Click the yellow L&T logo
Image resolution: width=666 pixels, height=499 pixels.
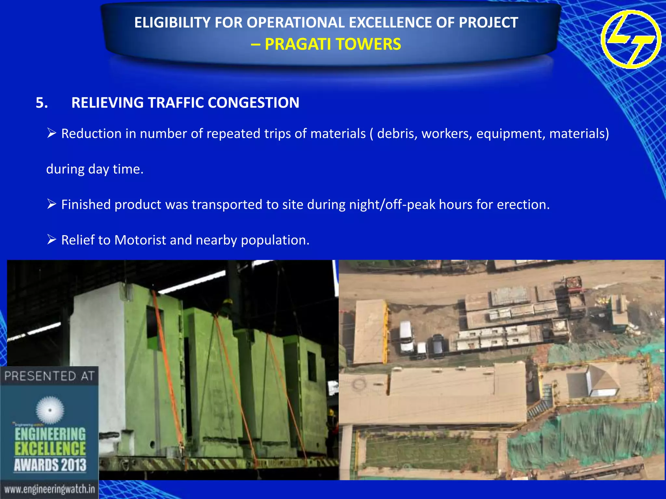point(631,39)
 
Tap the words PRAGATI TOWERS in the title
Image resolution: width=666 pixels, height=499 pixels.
point(333,44)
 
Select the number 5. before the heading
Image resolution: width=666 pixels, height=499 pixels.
point(42,103)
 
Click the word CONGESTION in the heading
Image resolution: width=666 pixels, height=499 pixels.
point(253,103)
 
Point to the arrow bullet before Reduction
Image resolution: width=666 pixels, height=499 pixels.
point(52,133)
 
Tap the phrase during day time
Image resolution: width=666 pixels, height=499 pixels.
point(95,169)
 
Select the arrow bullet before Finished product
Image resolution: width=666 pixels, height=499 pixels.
point(52,204)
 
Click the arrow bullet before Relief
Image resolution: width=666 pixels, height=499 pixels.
point(52,239)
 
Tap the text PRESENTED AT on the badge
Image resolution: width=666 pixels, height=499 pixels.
point(49,376)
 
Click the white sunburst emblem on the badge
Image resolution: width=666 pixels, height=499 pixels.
point(50,410)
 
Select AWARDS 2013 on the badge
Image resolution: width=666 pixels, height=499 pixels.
point(50,465)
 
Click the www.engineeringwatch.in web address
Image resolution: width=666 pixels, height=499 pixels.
point(49,489)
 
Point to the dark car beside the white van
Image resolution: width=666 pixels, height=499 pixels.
point(438,344)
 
